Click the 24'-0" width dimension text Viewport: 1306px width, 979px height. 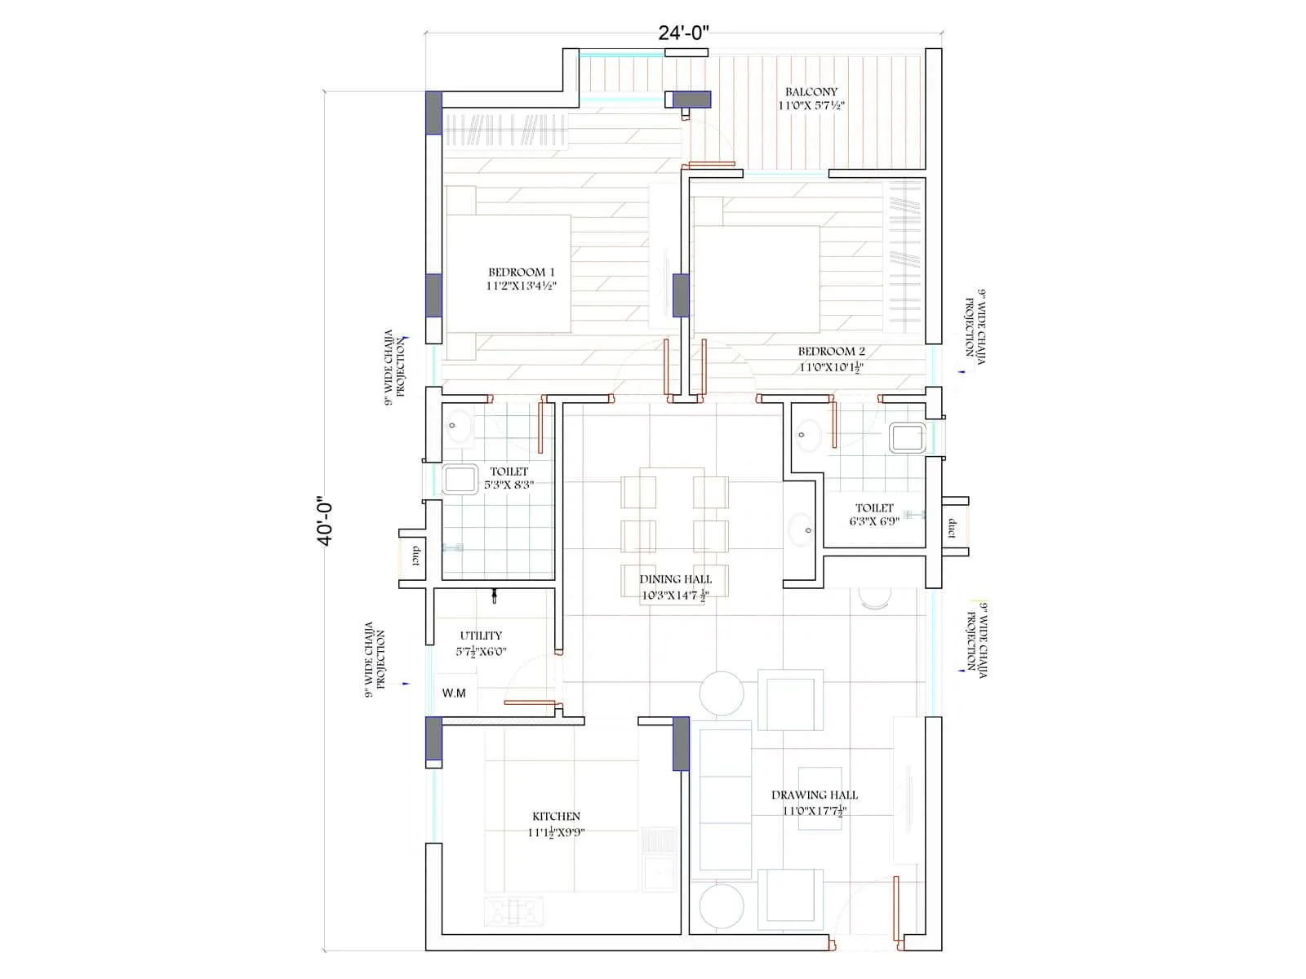[x=684, y=33]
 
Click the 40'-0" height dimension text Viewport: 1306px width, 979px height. [x=326, y=521]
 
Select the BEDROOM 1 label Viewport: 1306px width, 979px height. [x=522, y=272]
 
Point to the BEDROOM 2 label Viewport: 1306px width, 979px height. [x=831, y=352]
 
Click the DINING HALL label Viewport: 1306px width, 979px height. [x=675, y=579]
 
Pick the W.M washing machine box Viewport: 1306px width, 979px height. [x=455, y=693]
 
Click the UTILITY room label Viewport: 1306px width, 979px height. [x=481, y=636]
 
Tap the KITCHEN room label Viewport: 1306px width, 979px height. [x=556, y=816]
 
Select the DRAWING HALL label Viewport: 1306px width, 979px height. [x=814, y=795]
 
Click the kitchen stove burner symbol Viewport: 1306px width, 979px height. [x=514, y=910]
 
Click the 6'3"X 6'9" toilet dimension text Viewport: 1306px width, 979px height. [x=873, y=521]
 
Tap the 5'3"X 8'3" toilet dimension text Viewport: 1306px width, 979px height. [x=509, y=485]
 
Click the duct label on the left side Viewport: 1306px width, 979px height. [x=415, y=556]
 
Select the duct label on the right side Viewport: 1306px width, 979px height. [x=952, y=528]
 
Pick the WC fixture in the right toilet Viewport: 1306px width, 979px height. [x=907, y=438]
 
